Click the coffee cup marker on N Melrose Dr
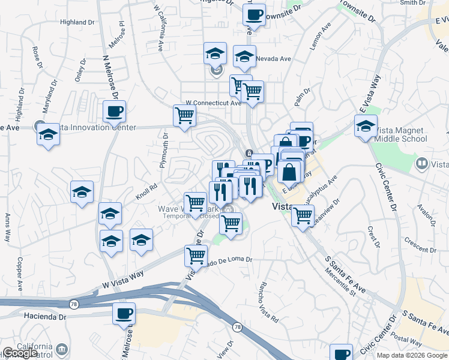(114, 111)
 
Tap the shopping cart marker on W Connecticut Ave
(184, 116)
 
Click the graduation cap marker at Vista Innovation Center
(46, 135)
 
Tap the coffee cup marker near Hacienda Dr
(124, 313)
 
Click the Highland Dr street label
(78, 22)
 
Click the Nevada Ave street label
(273, 59)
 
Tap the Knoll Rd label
(146, 190)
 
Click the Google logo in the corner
(20, 353)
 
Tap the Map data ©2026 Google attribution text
(411, 355)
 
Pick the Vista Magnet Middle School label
(400, 134)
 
